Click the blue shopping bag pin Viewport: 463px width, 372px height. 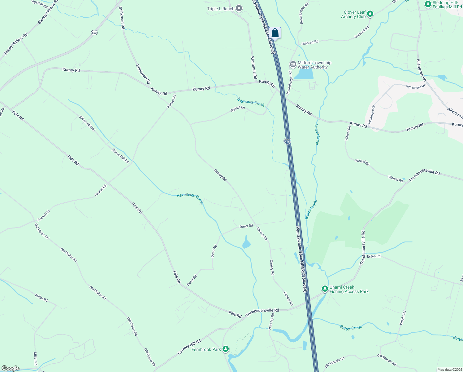(x=275, y=33)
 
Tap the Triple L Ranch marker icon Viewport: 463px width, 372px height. (x=239, y=9)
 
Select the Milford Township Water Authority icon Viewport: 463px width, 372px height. (x=293, y=64)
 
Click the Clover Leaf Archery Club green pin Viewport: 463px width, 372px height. (x=370, y=14)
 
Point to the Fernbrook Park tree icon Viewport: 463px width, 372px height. (x=226, y=349)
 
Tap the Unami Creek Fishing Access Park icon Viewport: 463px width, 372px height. (x=325, y=289)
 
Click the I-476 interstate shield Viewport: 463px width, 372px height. (x=287, y=141)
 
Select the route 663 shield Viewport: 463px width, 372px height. (x=94, y=33)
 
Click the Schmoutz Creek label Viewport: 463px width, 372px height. (x=250, y=101)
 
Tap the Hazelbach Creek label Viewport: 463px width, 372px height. (x=190, y=198)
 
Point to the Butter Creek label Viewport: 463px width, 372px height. (x=351, y=328)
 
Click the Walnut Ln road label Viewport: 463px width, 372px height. (x=237, y=109)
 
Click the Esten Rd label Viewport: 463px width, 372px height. (x=374, y=256)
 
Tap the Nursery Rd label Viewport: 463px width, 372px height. (x=271, y=321)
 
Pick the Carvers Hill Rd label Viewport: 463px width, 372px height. (x=189, y=347)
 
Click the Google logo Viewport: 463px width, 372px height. (x=11, y=368)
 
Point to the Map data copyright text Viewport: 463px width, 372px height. (x=449, y=370)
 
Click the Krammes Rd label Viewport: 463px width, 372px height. (x=253, y=68)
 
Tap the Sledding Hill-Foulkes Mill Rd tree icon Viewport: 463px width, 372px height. (x=428, y=4)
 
